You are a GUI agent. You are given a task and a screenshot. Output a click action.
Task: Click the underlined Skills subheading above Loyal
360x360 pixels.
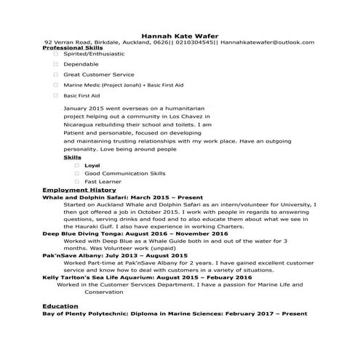[73, 157]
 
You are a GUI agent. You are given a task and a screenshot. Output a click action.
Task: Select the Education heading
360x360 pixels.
[60, 305]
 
